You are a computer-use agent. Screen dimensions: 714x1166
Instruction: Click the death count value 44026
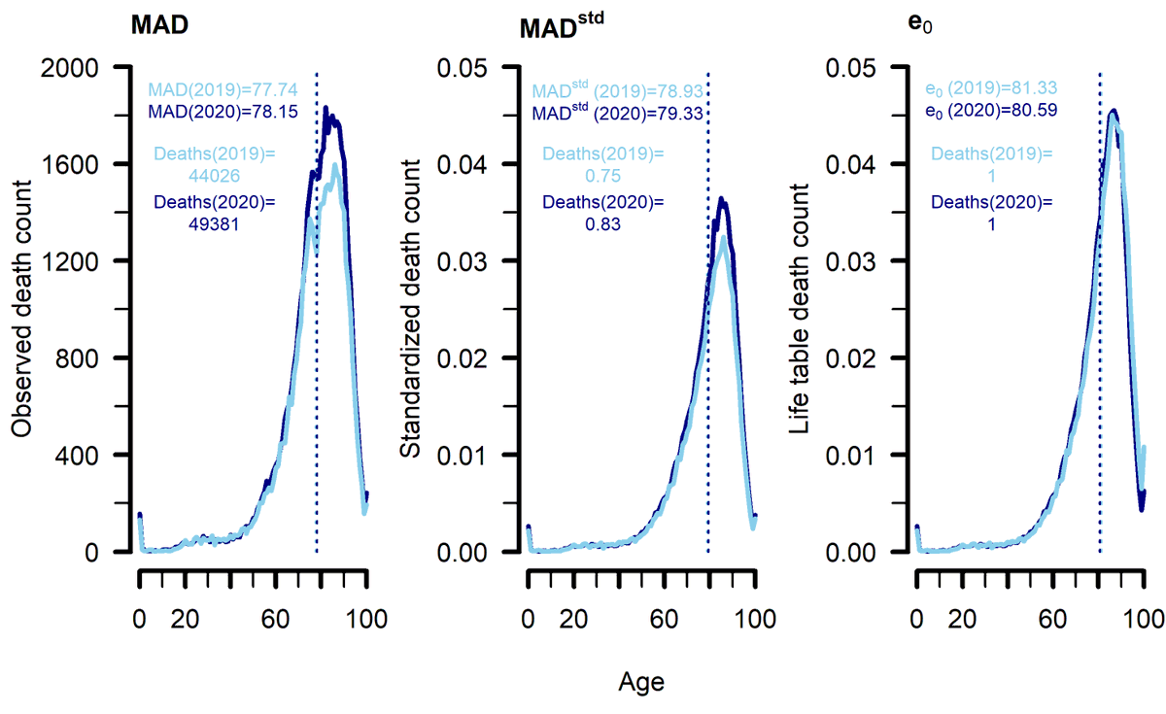(x=215, y=176)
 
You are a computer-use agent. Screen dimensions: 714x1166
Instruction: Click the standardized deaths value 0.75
(x=602, y=176)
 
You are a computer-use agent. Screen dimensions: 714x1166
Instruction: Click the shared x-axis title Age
(x=641, y=683)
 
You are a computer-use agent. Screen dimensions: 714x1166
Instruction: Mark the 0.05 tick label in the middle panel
(x=464, y=67)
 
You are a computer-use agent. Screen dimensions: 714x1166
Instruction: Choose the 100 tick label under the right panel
(x=1143, y=618)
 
